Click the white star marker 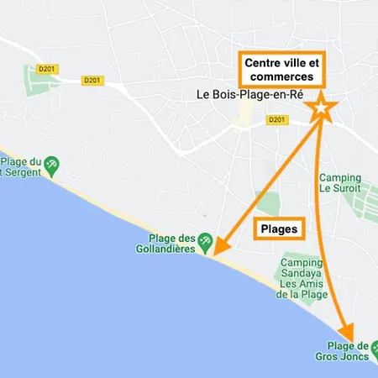click(x=321, y=108)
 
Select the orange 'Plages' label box click(x=279, y=228)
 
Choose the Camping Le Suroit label click(x=341, y=183)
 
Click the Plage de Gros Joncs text click(x=349, y=352)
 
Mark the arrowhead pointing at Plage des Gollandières click(x=218, y=246)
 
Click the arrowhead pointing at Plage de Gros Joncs click(x=345, y=331)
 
